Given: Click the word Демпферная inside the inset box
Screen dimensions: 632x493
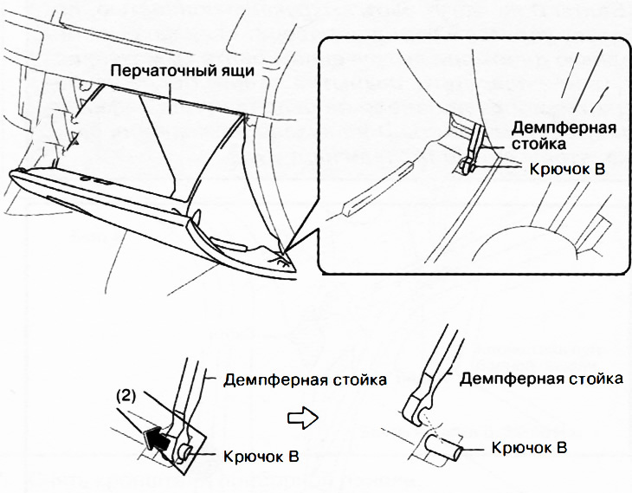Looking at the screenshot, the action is [x=564, y=128].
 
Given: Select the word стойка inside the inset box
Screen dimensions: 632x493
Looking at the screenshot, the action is [x=538, y=144].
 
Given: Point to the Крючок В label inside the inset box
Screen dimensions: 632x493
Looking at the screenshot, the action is [x=567, y=169].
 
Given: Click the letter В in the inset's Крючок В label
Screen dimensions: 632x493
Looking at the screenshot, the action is [x=599, y=169].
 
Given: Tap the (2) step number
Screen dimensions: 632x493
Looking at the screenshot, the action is [x=126, y=397].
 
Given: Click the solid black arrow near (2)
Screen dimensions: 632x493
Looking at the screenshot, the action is [x=157, y=439].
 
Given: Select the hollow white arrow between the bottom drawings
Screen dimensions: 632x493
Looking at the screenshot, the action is [x=303, y=418].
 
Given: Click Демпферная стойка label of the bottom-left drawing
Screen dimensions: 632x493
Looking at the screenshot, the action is [x=305, y=380].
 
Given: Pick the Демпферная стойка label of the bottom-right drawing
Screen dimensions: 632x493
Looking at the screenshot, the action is [x=541, y=379].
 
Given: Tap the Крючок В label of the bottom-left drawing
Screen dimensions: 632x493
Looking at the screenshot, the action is [x=261, y=457].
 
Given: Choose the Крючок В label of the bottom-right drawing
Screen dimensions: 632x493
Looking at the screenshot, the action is [x=529, y=448].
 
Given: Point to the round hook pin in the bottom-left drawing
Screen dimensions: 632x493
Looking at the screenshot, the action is [x=186, y=451].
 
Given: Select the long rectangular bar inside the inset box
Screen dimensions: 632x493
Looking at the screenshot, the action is [x=377, y=188].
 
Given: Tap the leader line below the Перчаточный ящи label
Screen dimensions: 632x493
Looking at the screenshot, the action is [x=171, y=98].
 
